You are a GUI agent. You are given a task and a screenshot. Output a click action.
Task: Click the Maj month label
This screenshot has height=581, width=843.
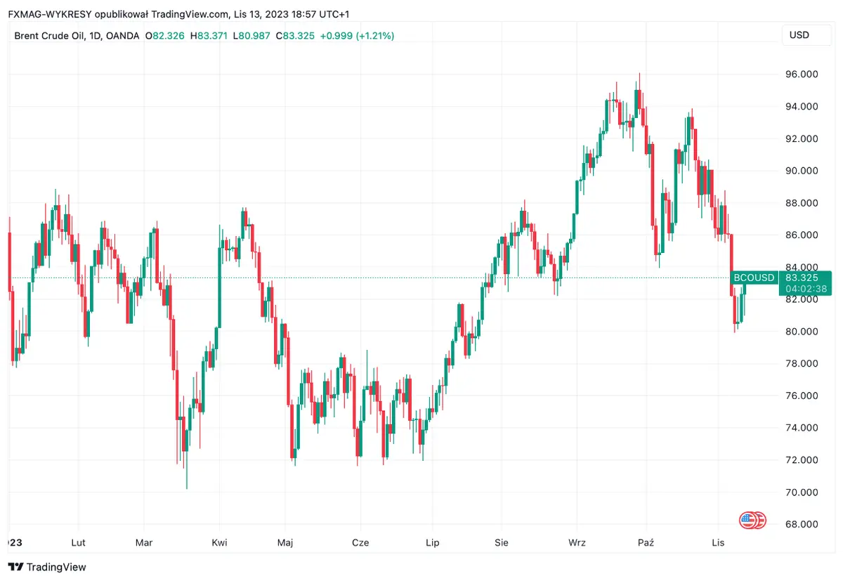(285, 542)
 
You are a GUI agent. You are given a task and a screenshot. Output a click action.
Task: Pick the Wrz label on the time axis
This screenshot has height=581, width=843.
(577, 542)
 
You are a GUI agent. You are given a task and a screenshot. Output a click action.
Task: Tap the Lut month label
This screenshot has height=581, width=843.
(79, 542)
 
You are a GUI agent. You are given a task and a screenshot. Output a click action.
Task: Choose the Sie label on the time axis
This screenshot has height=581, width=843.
(502, 542)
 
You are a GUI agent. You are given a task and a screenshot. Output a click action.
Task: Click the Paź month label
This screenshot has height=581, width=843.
(646, 542)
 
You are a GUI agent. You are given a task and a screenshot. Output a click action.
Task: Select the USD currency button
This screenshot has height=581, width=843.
(799, 35)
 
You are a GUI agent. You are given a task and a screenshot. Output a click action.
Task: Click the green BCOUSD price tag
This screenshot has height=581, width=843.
(754, 278)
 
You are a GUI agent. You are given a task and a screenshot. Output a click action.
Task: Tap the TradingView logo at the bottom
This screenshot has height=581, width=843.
(47, 567)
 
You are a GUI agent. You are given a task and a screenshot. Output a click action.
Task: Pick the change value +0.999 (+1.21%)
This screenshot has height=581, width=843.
(357, 35)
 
